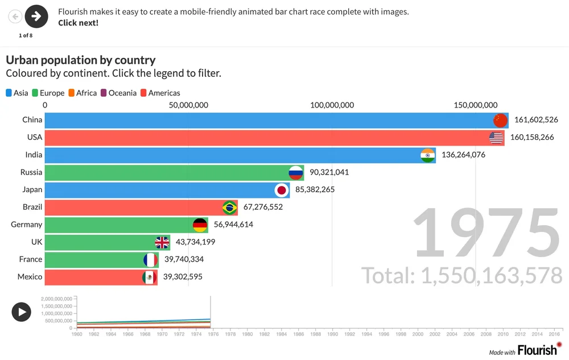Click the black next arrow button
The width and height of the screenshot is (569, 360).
click(36, 16)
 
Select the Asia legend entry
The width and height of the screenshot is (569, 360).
click(17, 93)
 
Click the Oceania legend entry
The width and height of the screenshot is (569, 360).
click(119, 93)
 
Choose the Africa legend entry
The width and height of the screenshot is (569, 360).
click(83, 93)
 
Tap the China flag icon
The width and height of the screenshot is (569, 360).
click(500, 120)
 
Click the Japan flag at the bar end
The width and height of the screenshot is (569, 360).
click(281, 190)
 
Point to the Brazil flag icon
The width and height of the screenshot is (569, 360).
click(230, 208)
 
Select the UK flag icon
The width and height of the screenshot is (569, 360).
click(162, 243)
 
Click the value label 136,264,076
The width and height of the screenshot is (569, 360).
click(463, 155)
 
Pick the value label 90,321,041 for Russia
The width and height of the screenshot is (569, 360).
click(329, 172)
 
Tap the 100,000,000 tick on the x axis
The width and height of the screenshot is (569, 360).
click(333, 105)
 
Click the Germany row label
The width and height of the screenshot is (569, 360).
click(26, 225)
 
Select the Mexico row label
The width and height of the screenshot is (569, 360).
click(30, 277)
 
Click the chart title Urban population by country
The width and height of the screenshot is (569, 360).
click(80, 60)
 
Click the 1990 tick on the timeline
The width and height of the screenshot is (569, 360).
click(332, 334)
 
